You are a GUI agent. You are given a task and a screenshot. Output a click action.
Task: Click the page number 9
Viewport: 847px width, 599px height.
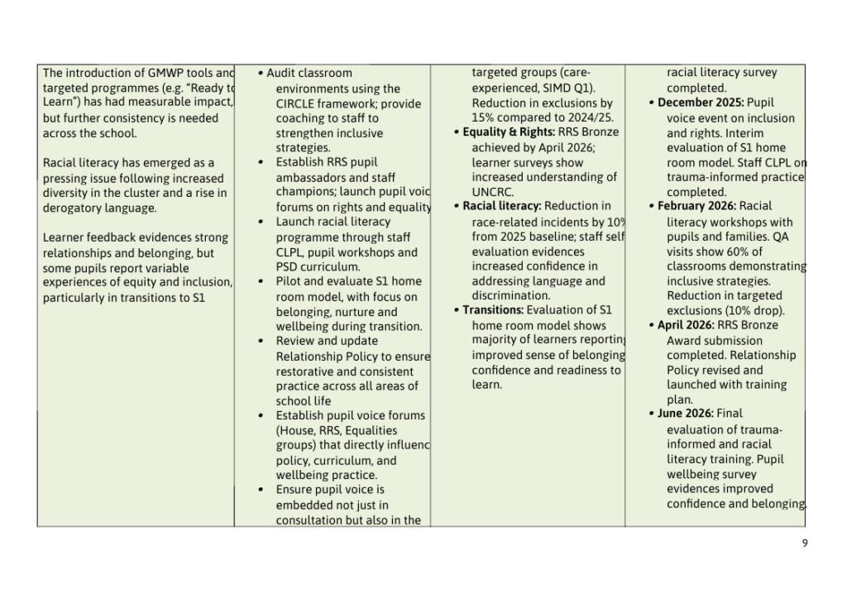pyautogui.click(x=805, y=543)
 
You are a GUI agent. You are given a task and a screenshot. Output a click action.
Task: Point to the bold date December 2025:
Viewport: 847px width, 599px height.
pyautogui.click(x=700, y=103)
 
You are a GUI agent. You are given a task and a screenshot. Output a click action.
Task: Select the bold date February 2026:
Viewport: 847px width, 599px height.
pyautogui.click(x=696, y=206)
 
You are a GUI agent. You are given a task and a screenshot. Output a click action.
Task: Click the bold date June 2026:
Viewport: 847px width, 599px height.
pyautogui.click(x=685, y=413)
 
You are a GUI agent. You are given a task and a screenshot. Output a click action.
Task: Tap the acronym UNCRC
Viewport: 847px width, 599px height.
pyautogui.click(x=492, y=191)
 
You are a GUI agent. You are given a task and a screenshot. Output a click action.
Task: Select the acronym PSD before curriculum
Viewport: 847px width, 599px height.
pyautogui.click(x=289, y=266)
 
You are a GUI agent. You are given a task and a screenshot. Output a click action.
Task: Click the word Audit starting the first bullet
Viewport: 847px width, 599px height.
pyautogui.click(x=281, y=73)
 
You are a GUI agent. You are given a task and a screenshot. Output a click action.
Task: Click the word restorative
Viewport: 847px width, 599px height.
pyautogui.click(x=308, y=371)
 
